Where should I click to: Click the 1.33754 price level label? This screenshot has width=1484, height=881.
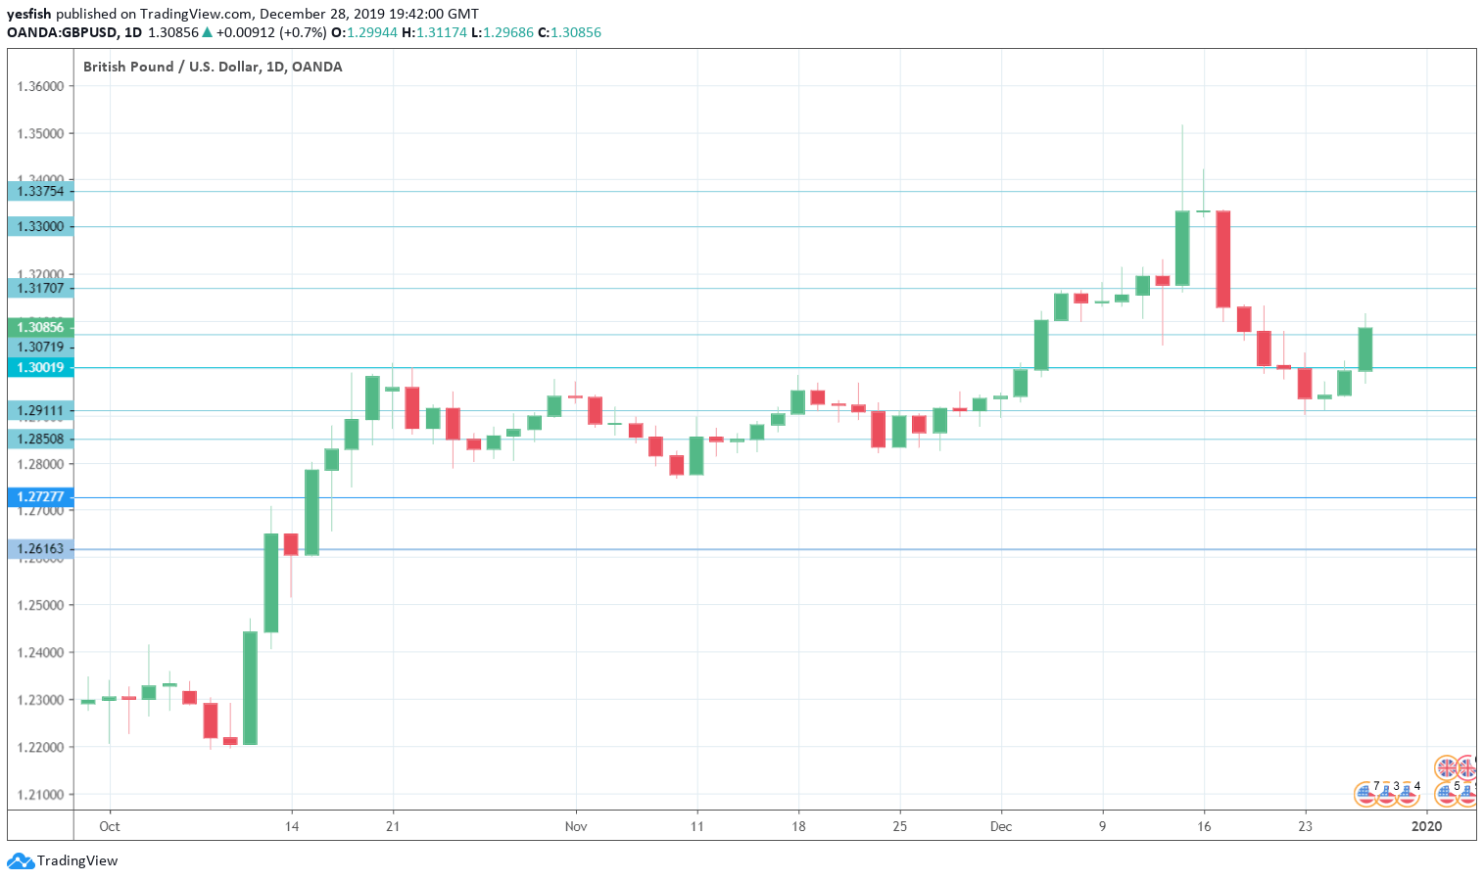pyautogui.click(x=40, y=191)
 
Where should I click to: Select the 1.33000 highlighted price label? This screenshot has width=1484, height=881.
pyautogui.click(x=40, y=226)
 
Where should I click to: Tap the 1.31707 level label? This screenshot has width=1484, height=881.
pyautogui.click(x=40, y=288)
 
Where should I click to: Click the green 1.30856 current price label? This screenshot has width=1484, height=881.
pyautogui.click(x=40, y=327)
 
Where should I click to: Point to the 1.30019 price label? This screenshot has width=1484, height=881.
pyautogui.click(x=40, y=367)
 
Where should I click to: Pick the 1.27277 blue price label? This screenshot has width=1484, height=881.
pyautogui.click(x=40, y=496)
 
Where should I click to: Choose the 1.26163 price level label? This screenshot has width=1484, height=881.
pyautogui.click(x=40, y=549)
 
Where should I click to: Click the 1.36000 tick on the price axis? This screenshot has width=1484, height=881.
pyautogui.click(x=40, y=86)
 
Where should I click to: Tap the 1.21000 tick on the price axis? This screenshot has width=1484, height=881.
pyautogui.click(x=40, y=794)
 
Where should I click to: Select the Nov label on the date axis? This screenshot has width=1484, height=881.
pyautogui.click(x=576, y=826)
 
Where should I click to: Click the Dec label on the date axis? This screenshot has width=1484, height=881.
pyautogui.click(x=1001, y=826)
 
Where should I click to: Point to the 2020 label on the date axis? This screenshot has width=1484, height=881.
pyautogui.click(x=1426, y=826)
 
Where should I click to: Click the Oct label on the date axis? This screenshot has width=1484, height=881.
pyautogui.click(x=110, y=826)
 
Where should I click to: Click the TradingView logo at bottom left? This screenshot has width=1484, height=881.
pyautogui.click(x=63, y=860)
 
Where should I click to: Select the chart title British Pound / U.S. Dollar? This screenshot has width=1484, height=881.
pyautogui.click(x=213, y=67)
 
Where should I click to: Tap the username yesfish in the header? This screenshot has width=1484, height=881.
pyautogui.click(x=28, y=14)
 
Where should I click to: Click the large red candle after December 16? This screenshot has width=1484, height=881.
pyautogui.click(x=1223, y=259)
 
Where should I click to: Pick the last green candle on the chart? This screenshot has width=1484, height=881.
pyautogui.click(x=1365, y=349)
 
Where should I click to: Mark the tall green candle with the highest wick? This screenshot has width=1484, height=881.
pyautogui.click(x=1182, y=249)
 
